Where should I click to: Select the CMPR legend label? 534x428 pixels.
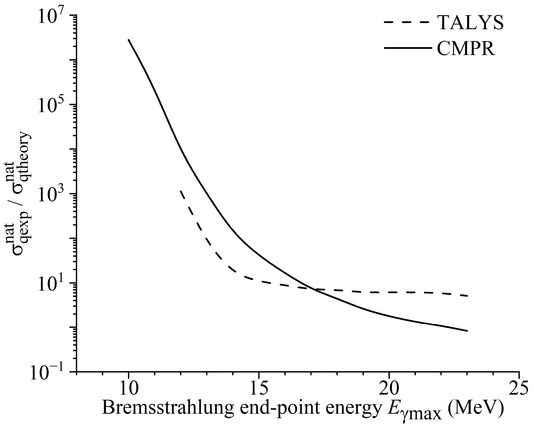point(466,48)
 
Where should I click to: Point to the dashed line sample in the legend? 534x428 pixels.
point(407,22)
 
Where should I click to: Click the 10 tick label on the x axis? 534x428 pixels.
point(129,390)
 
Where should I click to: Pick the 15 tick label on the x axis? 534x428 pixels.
point(259,390)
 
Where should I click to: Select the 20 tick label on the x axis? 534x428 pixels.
point(389,390)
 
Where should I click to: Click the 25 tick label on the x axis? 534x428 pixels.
point(519,390)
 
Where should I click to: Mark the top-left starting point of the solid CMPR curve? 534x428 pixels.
point(129,40)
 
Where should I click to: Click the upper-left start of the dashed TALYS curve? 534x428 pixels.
point(181,191)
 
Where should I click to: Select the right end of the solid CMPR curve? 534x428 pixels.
point(467,331)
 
